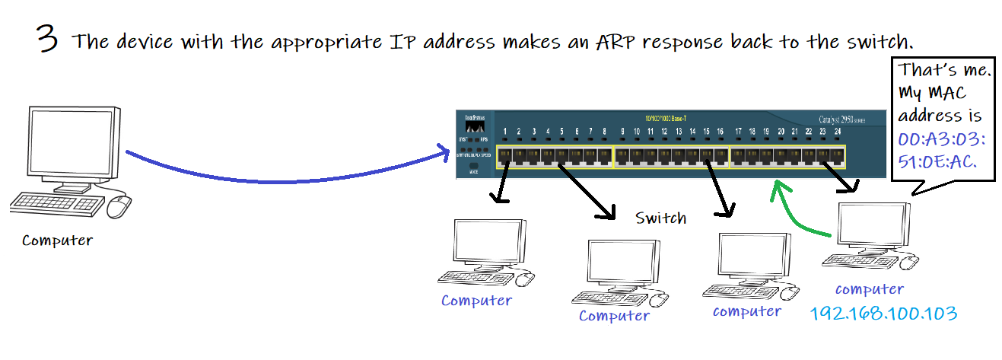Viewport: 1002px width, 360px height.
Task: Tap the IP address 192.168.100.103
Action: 883,313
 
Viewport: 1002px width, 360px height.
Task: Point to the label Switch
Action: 660,218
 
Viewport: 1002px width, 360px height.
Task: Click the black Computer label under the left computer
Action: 57,241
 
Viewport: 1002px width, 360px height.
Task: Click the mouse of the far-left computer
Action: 119,205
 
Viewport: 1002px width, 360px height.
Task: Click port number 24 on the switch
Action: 837,132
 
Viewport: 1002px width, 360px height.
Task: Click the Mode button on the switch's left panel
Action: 472,165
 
